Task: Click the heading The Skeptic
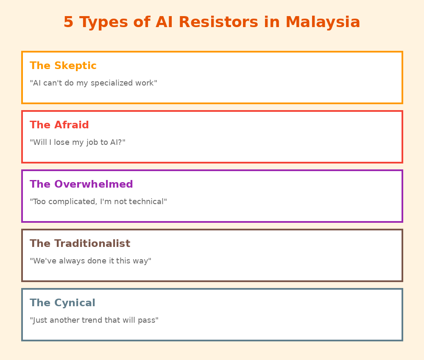click(63, 66)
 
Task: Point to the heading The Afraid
click(59, 125)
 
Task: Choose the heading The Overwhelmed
click(81, 185)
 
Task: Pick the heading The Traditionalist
click(80, 244)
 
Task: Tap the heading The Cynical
click(62, 303)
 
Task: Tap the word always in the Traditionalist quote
click(71, 261)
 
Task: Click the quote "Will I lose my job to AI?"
click(78, 143)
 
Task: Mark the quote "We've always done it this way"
click(90, 261)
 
